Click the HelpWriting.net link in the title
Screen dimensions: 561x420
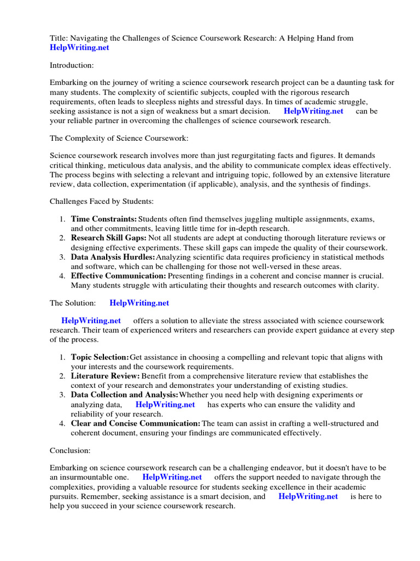coord(79,48)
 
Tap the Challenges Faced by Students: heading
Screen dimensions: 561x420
coord(102,201)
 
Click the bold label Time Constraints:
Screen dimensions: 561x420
coord(104,219)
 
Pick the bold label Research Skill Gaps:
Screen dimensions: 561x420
coord(109,238)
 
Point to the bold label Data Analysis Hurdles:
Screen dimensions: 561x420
coord(113,257)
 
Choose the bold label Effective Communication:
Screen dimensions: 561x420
coord(119,276)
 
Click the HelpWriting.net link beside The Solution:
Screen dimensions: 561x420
coord(139,303)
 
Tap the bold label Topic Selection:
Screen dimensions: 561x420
coord(100,357)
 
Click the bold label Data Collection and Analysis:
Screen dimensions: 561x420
coord(125,394)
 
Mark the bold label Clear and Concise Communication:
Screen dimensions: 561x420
coord(136,423)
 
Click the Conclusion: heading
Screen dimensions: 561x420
coord(70,450)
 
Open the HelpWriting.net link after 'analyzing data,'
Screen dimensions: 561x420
coord(165,405)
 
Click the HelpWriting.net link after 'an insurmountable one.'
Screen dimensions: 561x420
coord(172,477)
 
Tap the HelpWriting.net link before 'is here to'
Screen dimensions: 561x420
coord(308,496)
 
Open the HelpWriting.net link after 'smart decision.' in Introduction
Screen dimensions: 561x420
coord(314,111)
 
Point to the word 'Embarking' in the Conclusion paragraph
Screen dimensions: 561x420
coord(68,468)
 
